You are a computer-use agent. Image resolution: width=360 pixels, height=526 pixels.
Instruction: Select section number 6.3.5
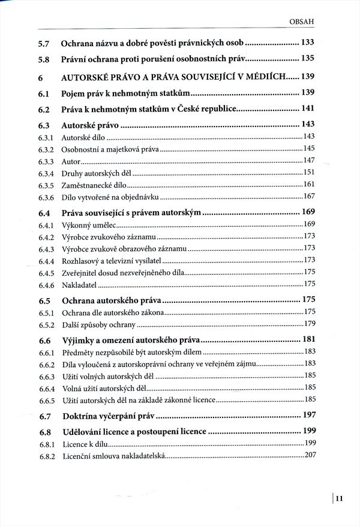[x=46, y=185]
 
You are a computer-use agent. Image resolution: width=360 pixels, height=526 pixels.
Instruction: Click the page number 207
[x=310, y=456]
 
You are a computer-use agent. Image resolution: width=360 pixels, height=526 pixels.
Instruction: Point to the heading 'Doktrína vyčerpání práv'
[x=112, y=416]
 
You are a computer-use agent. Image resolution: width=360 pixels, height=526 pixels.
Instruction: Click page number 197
[x=308, y=415]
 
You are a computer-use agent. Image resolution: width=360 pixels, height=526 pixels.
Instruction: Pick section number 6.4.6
[x=46, y=283]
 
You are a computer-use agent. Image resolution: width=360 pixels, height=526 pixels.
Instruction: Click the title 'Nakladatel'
[x=80, y=283]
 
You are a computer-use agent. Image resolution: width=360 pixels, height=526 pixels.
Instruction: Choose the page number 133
[x=308, y=43]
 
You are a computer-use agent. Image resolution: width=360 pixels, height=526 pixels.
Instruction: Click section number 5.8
[x=43, y=59]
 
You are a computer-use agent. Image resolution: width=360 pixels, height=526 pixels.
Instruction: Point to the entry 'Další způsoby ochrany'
[x=99, y=324]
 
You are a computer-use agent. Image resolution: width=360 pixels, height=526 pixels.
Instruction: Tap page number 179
[x=310, y=324]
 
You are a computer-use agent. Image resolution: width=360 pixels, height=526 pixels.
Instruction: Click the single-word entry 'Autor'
[x=70, y=161]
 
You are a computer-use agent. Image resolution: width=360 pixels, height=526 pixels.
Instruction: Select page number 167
[x=310, y=196]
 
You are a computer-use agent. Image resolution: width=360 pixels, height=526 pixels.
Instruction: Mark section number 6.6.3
[x=46, y=375]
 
